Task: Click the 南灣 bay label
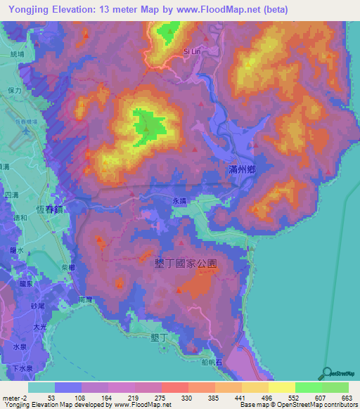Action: (x=85, y=299)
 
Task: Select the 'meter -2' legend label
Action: (x=13, y=398)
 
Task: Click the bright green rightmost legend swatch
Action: (x=335, y=387)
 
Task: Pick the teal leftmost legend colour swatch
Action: (x=41, y=387)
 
